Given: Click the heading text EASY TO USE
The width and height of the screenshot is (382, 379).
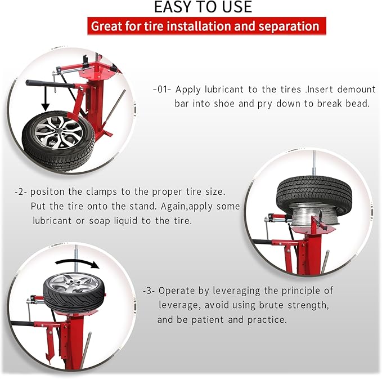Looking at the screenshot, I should pyautogui.click(x=203, y=7).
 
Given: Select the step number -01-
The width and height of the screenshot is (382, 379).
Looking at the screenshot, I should pyautogui.click(x=164, y=90).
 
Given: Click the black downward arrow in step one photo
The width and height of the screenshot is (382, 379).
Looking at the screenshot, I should pyautogui.click(x=44, y=103).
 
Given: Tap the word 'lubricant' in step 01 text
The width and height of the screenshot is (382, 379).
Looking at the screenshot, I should pyautogui.click(x=223, y=90).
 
